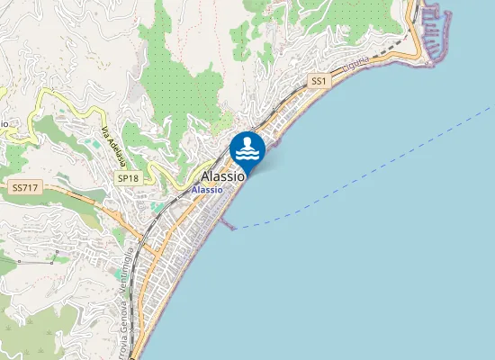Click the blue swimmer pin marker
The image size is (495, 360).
(247, 148)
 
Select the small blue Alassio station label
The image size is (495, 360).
(207, 191)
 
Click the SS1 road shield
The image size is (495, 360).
(318, 81)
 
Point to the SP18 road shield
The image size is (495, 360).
(128, 178)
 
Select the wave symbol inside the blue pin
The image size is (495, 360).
(247, 155)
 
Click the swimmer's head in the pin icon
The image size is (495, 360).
(247, 141)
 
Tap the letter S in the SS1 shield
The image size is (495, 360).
(314, 81)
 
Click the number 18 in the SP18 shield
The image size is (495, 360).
(132, 178)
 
